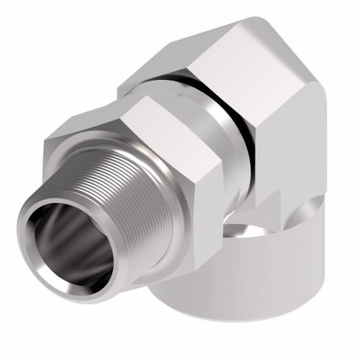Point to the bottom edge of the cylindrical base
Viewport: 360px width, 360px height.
tap(238, 338)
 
